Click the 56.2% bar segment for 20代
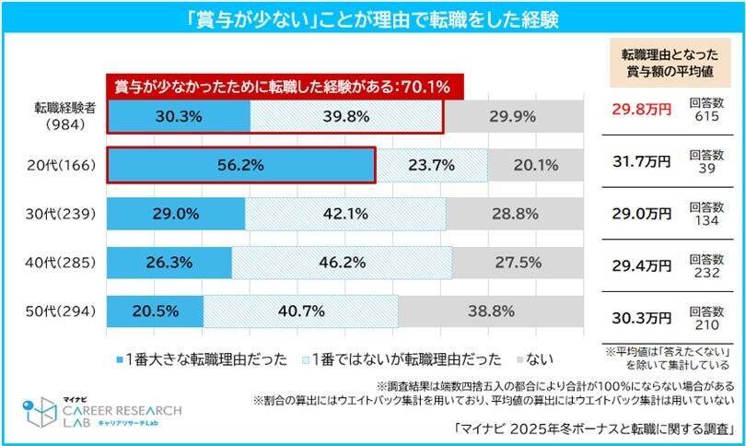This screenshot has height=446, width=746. click(x=240, y=165)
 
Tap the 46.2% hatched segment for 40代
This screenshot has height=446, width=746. click(x=342, y=263)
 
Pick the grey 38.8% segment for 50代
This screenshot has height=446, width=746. click(x=491, y=311)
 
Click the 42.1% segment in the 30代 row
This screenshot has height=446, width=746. click(x=345, y=214)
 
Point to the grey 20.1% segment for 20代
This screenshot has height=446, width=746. click(x=536, y=165)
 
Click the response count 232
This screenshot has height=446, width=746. click(x=706, y=271)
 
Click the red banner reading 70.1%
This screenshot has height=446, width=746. click(x=282, y=87)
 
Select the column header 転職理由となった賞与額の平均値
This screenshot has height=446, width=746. click(x=671, y=62)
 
